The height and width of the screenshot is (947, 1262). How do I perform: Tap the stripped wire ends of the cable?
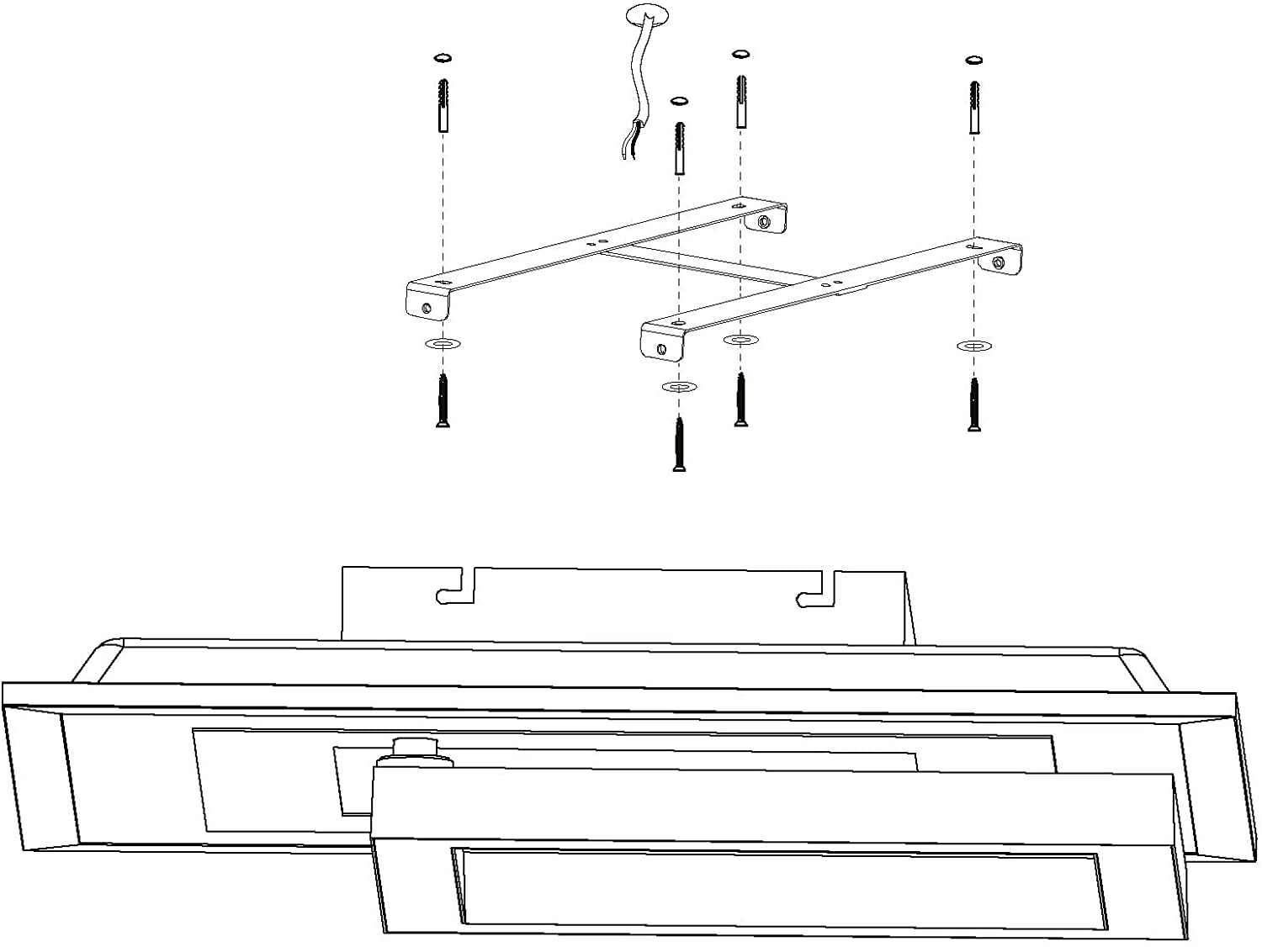click(628, 146)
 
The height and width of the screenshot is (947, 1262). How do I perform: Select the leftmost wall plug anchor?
click(443, 105)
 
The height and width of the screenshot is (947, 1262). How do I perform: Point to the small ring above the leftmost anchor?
click(443, 58)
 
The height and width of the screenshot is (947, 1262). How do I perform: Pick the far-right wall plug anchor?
click(974, 107)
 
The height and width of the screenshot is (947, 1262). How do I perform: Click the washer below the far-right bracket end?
click(974, 346)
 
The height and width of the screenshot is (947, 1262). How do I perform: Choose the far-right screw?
click(974, 405)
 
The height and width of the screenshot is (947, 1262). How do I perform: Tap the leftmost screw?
click(443, 401)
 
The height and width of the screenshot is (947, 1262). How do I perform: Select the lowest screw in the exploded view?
click(679, 444)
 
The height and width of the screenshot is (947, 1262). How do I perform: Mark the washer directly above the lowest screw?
click(679, 387)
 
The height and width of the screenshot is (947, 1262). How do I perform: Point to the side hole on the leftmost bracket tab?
click(427, 307)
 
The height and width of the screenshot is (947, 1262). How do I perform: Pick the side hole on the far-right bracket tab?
click(998, 263)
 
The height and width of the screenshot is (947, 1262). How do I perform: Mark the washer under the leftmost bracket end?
click(443, 344)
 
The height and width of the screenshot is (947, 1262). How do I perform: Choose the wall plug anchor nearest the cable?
click(678, 148)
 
